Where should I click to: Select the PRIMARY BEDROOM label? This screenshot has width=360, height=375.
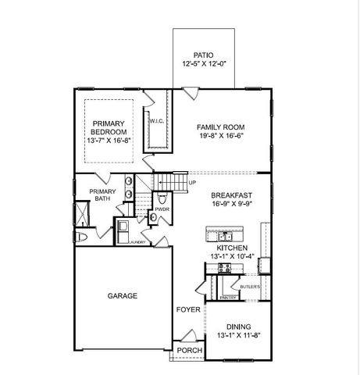click(x=109, y=128)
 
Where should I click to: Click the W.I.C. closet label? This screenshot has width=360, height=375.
click(x=155, y=121)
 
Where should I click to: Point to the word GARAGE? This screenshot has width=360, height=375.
click(x=123, y=296)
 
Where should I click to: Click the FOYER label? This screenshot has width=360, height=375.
click(x=188, y=310)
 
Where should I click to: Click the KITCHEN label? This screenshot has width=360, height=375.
click(x=231, y=247)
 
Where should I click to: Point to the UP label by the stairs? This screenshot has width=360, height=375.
click(x=192, y=184)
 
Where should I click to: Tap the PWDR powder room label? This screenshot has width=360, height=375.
click(x=162, y=209)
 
